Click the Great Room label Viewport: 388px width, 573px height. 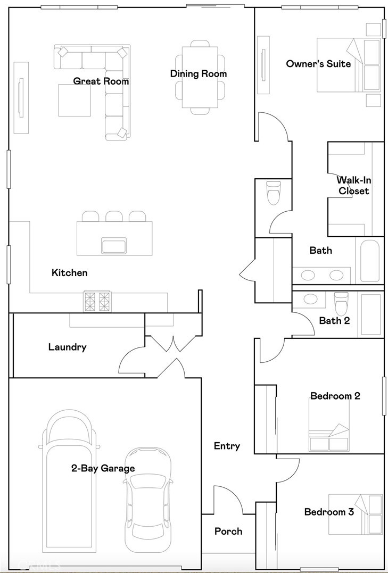tap(101, 81)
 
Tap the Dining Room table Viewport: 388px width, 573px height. tap(200, 77)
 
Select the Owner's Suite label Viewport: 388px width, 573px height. tap(318, 64)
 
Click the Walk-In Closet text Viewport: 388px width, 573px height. tap(353, 186)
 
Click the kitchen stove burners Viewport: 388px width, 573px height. tap(97, 301)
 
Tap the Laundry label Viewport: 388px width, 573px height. tap(67, 347)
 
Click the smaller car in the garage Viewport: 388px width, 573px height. tap(148, 500)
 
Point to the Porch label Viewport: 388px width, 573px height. tap(228, 532)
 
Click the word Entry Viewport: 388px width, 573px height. tap(227, 446)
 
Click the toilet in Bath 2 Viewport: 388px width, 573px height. tap(340, 304)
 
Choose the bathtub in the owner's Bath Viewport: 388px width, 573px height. tap(369, 261)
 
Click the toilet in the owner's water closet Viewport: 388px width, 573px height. tap(274, 193)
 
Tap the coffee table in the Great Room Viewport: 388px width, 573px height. tap(74, 101)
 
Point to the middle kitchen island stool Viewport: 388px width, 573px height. tap(114, 216)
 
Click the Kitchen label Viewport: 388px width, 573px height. tap(69, 273)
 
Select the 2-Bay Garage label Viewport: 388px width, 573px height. tap(103, 469)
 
